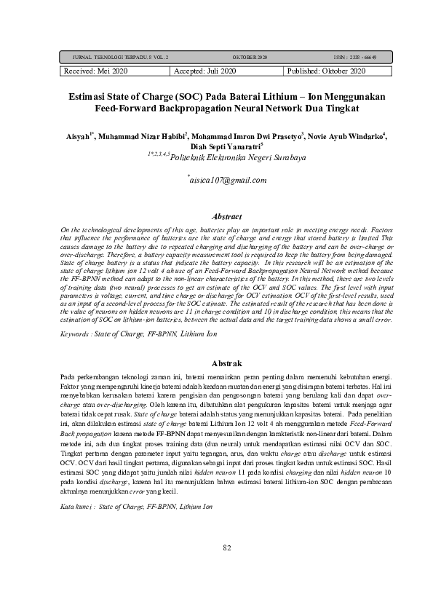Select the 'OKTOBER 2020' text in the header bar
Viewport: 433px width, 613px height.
pyautogui.click(x=250, y=56)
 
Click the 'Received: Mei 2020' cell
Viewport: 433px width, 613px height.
pyautogui.click(x=96, y=71)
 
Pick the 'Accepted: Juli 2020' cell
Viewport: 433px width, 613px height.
pyautogui.click(x=205, y=71)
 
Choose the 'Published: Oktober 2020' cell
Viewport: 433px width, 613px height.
pyautogui.click(x=326, y=71)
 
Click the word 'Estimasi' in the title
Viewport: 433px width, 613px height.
pyautogui.click(x=90, y=96)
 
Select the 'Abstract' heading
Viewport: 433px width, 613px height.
pyautogui.click(x=226, y=216)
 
